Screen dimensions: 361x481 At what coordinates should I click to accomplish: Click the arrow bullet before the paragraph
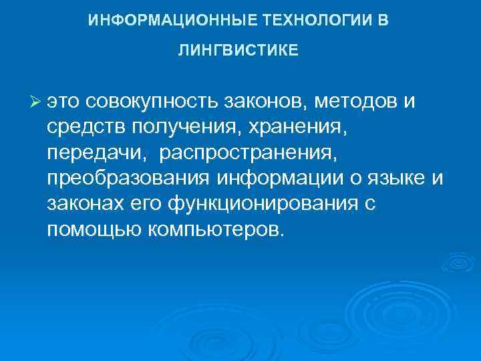coord(35,101)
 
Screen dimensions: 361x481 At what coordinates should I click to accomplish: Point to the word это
coord(64,102)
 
